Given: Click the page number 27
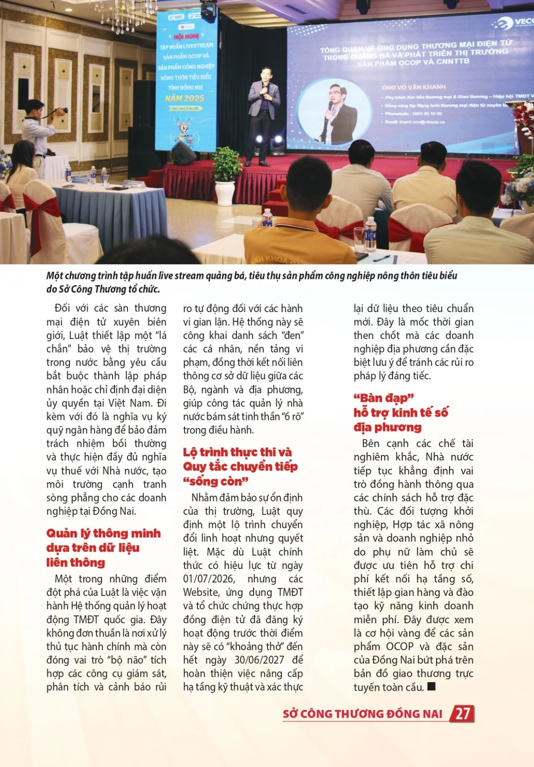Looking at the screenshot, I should pos(462,713).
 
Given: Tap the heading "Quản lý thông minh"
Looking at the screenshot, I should pos(104,533).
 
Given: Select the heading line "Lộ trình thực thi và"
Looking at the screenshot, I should pos(237,452).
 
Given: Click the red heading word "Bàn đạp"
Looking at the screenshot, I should pos(383,398).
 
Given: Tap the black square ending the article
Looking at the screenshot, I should pos(431,686).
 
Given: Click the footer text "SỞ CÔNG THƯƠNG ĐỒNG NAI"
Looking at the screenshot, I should pos(362,714).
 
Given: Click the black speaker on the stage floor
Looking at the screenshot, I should pos(184,154).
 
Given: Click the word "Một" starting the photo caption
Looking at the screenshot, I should pos(54,276).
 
